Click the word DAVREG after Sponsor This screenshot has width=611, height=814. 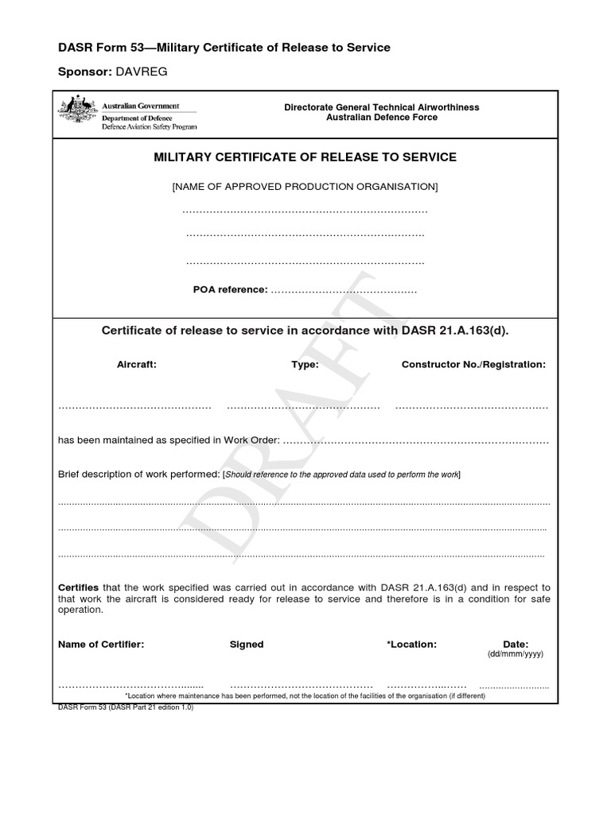143,72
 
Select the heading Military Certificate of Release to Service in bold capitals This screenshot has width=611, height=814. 305,157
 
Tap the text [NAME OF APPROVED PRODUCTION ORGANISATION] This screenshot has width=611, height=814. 305,187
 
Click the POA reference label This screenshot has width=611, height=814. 230,289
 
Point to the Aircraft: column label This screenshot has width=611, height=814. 137,364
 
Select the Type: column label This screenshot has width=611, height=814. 305,364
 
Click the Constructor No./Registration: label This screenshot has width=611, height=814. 473,364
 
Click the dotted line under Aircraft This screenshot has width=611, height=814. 134,407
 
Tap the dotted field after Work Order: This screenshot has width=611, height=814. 415,440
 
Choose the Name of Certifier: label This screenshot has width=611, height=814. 101,644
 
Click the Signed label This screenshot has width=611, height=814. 247,644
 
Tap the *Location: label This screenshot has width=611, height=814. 411,644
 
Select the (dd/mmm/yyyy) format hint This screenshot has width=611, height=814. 515,654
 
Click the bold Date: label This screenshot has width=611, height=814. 516,644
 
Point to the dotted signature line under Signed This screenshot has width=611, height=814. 302,684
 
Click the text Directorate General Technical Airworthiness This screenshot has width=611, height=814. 382,107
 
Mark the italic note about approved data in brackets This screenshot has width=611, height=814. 342,475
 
